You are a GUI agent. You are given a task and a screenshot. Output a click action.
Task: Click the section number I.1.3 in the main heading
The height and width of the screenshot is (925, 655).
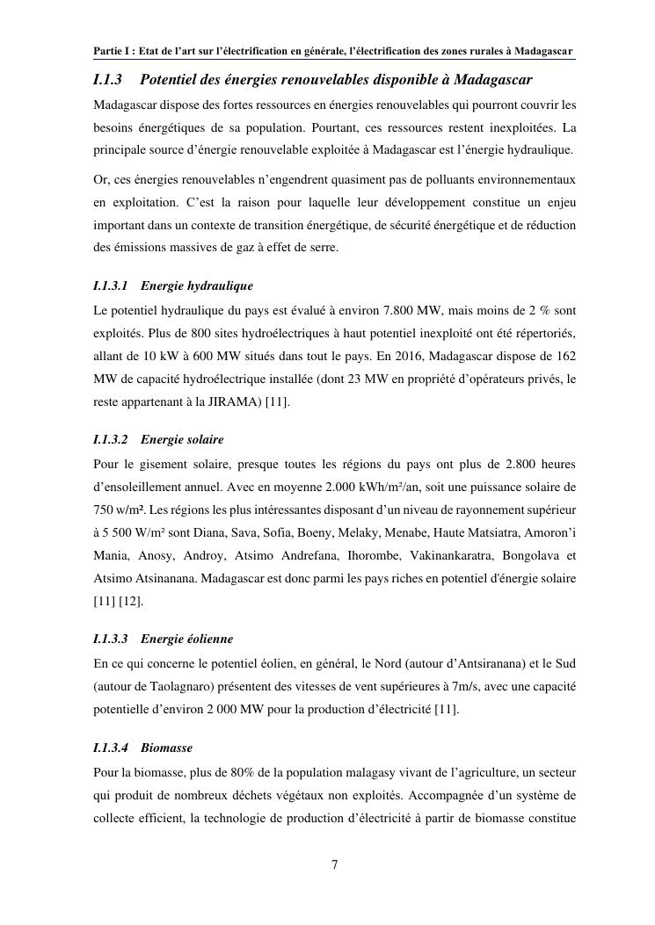(107, 80)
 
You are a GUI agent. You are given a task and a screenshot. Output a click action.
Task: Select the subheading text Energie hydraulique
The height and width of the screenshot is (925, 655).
(197, 286)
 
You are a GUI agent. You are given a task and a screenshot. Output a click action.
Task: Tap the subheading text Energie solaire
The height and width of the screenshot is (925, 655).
(182, 439)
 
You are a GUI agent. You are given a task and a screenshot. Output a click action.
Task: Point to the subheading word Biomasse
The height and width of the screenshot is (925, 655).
(166, 748)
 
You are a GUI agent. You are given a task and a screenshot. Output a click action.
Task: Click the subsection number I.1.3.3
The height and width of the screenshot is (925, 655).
(111, 639)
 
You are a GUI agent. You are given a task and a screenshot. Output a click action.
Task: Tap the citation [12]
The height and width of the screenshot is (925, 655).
(132, 601)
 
